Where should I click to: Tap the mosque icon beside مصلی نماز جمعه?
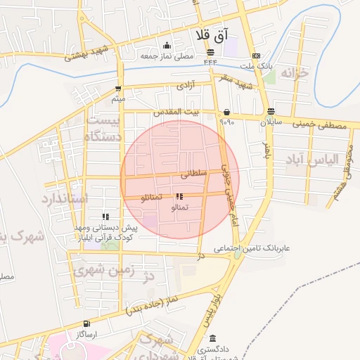coord(167,46)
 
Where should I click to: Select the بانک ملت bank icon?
coord(255,56)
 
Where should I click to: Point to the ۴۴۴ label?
coord(210,63)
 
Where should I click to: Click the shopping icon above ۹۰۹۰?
coord(226,112)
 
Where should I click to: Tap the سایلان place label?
coord(271,122)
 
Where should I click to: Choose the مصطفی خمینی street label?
coord(321,126)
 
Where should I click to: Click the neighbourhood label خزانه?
coord(295,72)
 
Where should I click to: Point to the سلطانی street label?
coord(195,172)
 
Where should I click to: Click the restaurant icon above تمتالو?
coord(179,197)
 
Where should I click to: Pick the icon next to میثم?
coord(117,89)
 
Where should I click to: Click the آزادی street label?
coord(184,86)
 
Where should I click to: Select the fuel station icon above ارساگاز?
coord(86,323)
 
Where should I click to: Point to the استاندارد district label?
coord(64,199)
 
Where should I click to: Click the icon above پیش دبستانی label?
coord(105,217)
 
